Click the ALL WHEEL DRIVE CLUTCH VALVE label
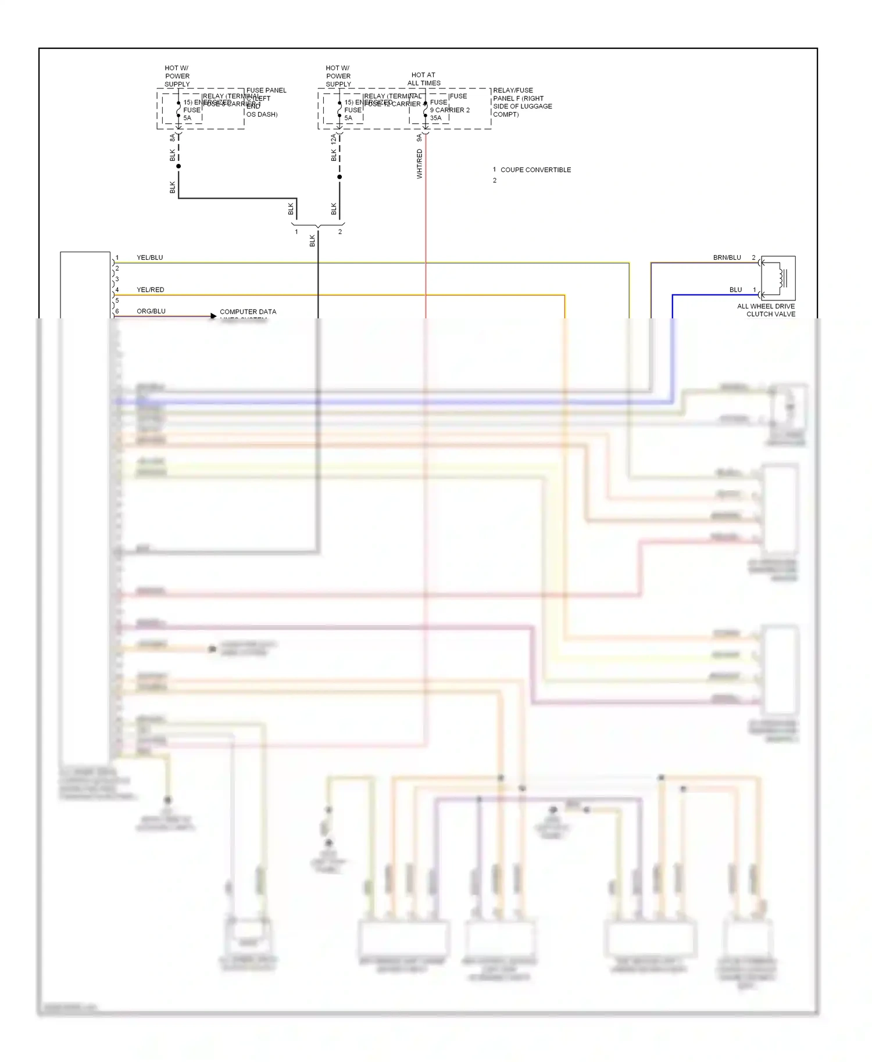tap(766, 310)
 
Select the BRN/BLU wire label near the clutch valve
tap(727, 257)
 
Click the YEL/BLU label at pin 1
tap(149, 257)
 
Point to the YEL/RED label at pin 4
tap(150, 289)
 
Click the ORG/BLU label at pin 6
tap(151, 311)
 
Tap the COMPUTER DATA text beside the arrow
tap(248, 312)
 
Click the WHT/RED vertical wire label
tap(419, 164)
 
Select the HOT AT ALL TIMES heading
tap(423, 79)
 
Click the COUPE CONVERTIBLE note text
tap(535, 170)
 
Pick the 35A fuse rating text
tap(435, 118)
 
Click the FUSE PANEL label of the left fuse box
tap(266, 91)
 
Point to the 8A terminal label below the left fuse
tap(172, 138)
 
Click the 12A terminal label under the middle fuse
tap(333, 139)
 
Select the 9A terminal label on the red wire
tap(419, 138)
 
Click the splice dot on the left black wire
tap(178, 166)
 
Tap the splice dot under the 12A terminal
tap(339, 177)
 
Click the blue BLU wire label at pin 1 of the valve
tap(735, 289)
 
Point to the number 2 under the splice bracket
tap(340, 232)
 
